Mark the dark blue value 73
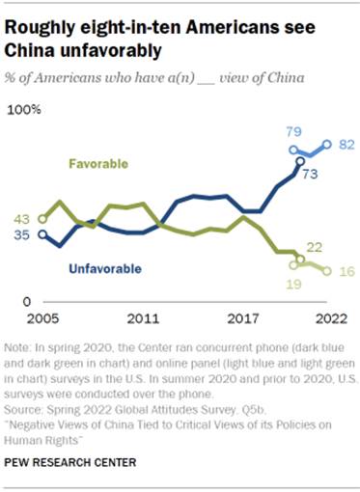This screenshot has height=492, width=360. point(311,175)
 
